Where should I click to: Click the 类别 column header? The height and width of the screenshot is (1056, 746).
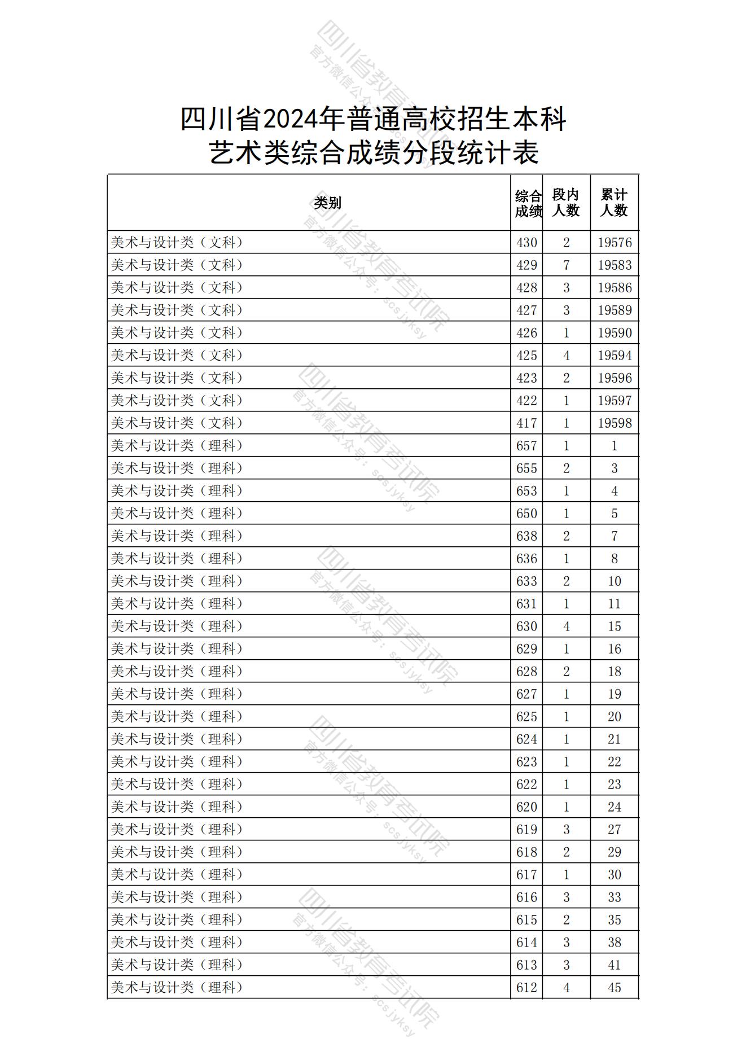pyautogui.click(x=327, y=203)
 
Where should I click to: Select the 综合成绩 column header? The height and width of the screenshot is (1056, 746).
pyautogui.click(x=527, y=203)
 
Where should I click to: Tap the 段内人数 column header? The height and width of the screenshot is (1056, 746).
pyautogui.click(x=566, y=203)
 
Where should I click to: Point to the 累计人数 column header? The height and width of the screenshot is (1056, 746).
pyautogui.click(x=614, y=203)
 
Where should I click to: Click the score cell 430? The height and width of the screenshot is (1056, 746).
pyautogui.click(x=526, y=243)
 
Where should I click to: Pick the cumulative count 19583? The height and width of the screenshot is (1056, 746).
pyautogui.click(x=615, y=265)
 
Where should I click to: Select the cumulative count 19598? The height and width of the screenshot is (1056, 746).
pyautogui.click(x=615, y=423)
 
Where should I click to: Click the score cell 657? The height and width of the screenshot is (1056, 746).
pyautogui.click(x=526, y=446)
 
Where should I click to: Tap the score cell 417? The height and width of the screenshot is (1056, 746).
pyautogui.click(x=526, y=423)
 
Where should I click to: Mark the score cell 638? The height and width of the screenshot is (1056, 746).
pyautogui.click(x=526, y=536)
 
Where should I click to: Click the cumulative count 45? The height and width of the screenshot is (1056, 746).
pyautogui.click(x=615, y=988)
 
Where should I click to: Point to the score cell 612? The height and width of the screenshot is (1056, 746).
pyautogui.click(x=526, y=988)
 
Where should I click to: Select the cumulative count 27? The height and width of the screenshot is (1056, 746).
pyautogui.click(x=615, y=830)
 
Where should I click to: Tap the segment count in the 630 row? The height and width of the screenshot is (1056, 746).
pyautogui.click(x=567, y=626)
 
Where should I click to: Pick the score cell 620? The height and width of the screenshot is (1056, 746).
pyautogui.click(x=526, y=807)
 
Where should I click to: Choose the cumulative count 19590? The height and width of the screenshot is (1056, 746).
pyautogui.click(x=615, y=333)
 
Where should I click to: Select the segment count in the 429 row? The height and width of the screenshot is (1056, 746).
pyautogui.click(x=567, y=265)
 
